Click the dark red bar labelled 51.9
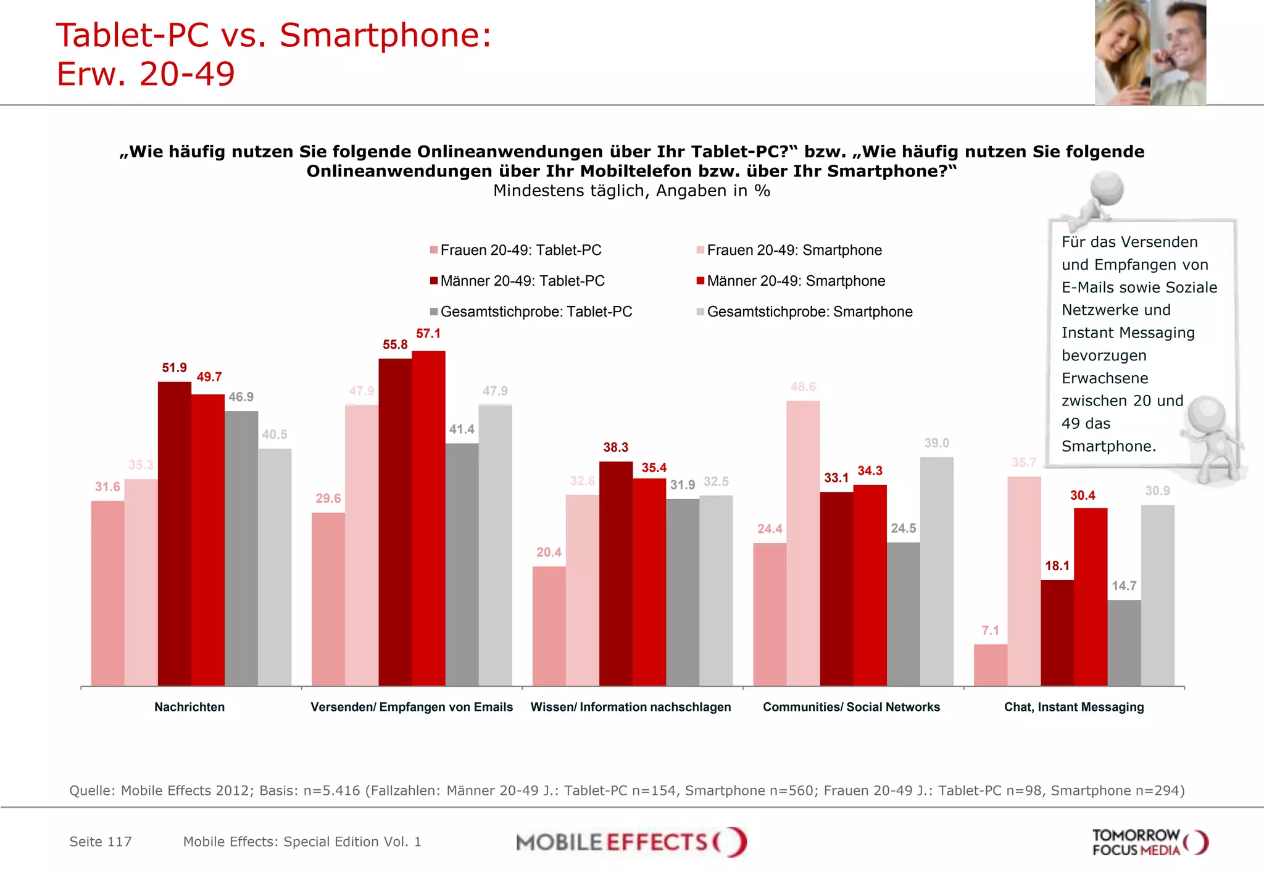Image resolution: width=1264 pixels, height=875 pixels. [x=174, y=534]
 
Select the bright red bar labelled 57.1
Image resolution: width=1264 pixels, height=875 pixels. [x=428, y=518]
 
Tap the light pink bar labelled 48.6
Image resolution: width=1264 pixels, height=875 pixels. [x=803, y=543]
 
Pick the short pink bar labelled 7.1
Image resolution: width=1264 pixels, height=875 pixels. [x=990, y=665]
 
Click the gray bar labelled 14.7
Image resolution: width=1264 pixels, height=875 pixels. [x=1124, y=643]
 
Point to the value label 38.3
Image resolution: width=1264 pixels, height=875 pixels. [x=615, y=447]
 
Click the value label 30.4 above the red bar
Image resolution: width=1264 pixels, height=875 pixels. [x=1083, y=496]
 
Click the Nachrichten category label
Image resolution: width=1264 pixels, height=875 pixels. [x=189, y=707]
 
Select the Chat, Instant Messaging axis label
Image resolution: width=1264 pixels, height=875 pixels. [x=1073, y=707]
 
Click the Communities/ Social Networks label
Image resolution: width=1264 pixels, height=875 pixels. [x=851, y=707]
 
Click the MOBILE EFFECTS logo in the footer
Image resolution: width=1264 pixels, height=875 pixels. [x=631, y=842]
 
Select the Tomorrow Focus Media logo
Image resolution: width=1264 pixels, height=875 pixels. [x=1149, y=842]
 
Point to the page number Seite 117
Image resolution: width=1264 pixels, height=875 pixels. [x=101, y=842]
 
